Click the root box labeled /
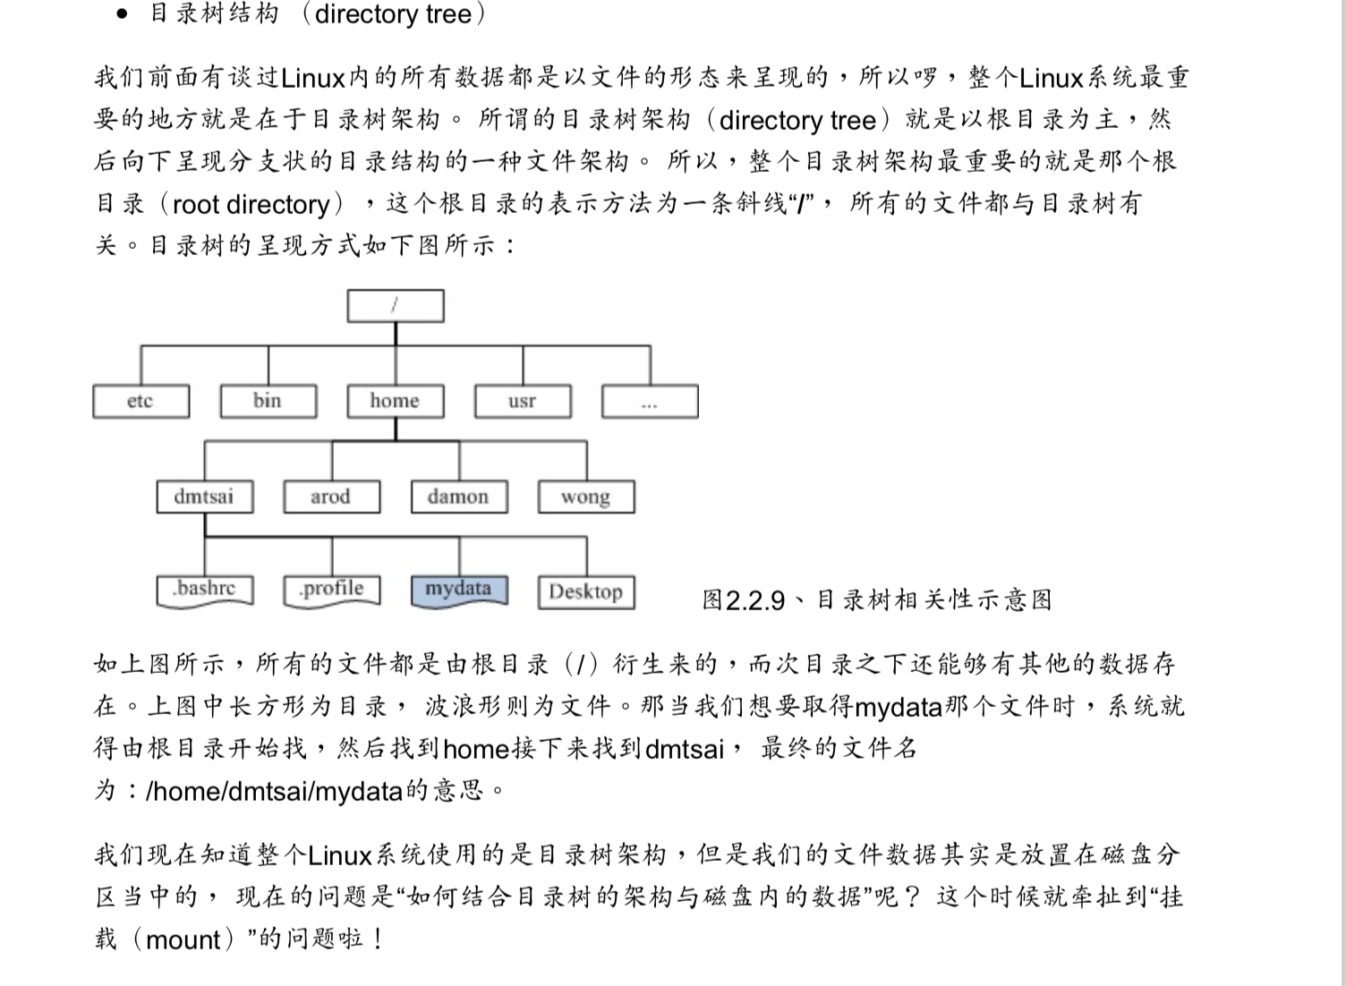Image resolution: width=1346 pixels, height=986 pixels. [x=396, y=306]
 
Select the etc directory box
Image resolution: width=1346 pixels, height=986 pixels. [x=141, y=402]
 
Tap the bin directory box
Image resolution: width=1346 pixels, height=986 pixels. [x=268, y=402]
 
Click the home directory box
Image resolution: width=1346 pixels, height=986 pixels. [x=396, y=402]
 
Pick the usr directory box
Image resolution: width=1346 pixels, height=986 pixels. [x=523, y=402]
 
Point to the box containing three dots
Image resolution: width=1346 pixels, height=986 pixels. [x=650, y=402]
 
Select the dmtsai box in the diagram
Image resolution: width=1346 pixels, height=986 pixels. [x=205, y=497]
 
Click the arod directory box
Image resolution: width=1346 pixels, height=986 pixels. [x=332, y=497]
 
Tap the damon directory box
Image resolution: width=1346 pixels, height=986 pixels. [x=460, y=497]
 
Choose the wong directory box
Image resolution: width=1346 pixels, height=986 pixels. [x=586, y=497]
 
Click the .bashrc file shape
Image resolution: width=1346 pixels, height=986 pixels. [x=205, y=591]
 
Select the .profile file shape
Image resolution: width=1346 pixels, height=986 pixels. [x=332, y=591]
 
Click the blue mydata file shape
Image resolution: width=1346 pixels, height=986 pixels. [x=460, y=591]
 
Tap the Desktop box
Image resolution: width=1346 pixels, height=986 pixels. [x=586, y=592]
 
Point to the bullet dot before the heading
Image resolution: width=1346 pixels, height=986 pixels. [x=123, y=14]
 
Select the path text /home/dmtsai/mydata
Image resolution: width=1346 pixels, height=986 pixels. [x=274, y=791]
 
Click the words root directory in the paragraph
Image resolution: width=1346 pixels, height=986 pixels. [x=251, y=205]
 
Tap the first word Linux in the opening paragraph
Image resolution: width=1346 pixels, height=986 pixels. [x=312, y=78]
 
